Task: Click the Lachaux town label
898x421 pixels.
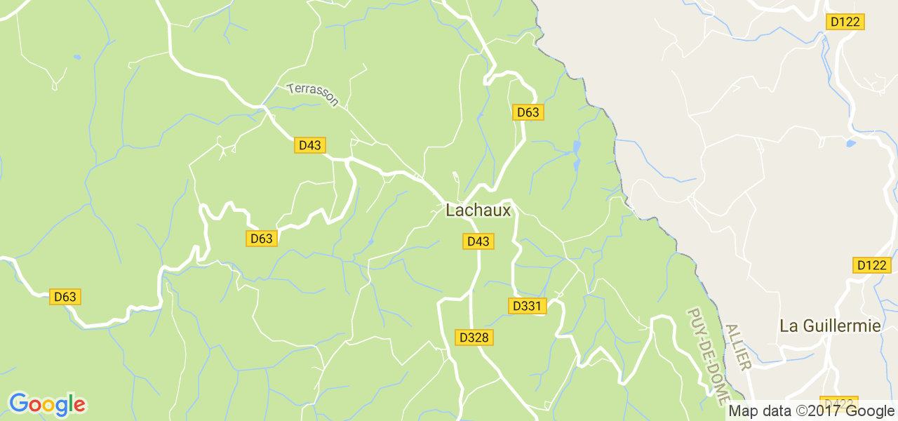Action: point(478,210)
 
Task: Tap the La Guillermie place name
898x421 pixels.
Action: point(830,326)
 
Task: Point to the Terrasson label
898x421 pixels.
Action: point(313,95)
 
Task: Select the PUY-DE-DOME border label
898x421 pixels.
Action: point(706,356)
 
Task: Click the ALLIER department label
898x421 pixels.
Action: point(738,347)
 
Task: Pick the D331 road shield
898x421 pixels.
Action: point(526,306)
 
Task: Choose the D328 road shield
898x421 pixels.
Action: point(474,338)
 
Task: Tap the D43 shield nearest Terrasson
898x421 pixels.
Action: point(309,145)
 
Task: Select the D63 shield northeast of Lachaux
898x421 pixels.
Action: point(528,112)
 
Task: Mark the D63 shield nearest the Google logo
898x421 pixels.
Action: point(65,297)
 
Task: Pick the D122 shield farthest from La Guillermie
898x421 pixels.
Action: point(845,22)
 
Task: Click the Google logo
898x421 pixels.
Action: point(47,405)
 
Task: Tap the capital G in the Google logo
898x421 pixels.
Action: point(19,403)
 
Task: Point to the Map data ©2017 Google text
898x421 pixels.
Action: point(812,411)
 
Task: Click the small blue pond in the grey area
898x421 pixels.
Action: point(850,143)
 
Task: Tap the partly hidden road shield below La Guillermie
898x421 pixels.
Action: point(836,403)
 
